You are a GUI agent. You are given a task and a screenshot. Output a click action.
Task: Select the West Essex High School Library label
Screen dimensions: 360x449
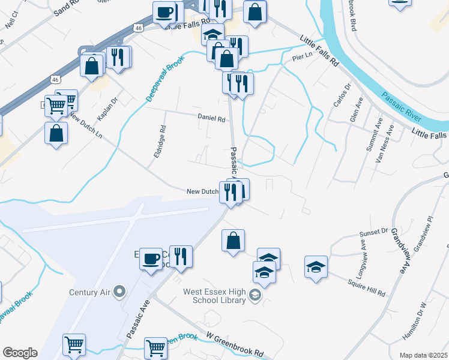click(214, 296)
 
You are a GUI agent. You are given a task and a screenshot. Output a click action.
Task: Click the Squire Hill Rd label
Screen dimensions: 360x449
click(367, 287)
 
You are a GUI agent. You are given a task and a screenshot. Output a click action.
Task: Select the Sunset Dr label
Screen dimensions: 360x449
click(374, 231)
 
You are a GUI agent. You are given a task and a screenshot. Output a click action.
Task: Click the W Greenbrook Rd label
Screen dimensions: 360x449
click(235, 346)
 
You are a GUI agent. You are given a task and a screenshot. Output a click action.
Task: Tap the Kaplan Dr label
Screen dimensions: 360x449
click(107, 106)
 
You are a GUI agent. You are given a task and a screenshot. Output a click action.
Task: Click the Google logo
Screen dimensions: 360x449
click(20, 353)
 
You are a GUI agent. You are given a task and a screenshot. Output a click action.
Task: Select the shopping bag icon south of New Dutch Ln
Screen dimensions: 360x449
click(234, 241)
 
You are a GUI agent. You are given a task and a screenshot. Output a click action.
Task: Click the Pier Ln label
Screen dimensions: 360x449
click(303, 57)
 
